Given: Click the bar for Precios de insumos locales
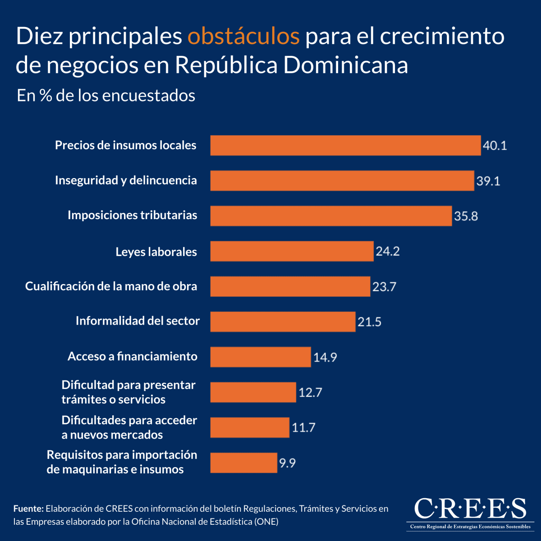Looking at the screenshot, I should (x=345, y=145).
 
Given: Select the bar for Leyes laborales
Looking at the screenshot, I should (x=292, y=251).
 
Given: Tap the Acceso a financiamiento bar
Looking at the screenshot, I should (x=261, y=357).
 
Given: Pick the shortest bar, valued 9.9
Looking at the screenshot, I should (x=243, y=463).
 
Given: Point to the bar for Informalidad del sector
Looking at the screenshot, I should (x=283, y=321).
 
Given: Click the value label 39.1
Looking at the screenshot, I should (x=488, y=181).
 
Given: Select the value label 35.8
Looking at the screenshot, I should (x=466, y=216).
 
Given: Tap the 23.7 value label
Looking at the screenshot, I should (x=384, y=287).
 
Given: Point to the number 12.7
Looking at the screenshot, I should (x=310, y=392).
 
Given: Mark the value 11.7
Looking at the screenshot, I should (x=303, y=427).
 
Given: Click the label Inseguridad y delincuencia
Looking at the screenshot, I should (x=126, y=180).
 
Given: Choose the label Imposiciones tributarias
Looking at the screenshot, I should (x=132, y=215).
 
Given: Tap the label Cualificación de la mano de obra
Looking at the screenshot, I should (x=111, y=286).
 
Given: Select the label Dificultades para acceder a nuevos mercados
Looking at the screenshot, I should (x=129, y=427).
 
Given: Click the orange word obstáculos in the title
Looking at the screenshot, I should (x=243, y=36).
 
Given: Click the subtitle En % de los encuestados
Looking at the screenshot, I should (x=106, y=96).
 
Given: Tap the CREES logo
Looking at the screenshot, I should (x=470, y=513).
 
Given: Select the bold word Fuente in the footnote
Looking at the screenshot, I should (x=28, y=509).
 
